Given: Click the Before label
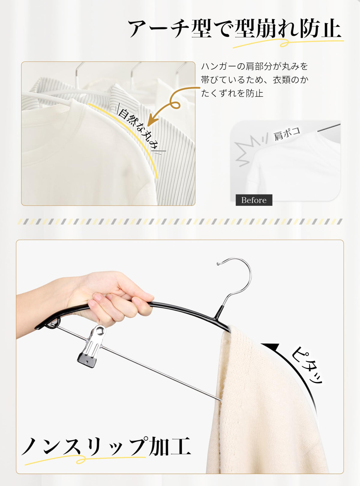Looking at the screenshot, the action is point(254,200).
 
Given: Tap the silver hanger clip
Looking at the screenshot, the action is point(91,346).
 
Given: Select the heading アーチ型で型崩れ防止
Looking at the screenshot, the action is point(234,28).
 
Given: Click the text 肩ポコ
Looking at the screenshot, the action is point(287,133).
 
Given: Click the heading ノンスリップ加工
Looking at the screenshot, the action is point(106,446).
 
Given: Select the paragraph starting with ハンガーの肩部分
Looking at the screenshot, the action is point(255,80).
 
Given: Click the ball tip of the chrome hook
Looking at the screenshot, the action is point(218,264).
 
